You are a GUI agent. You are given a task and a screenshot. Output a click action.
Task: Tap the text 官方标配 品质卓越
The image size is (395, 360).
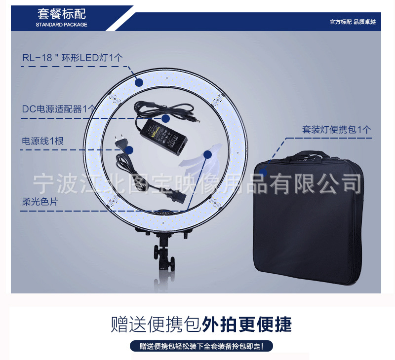click(x=353, y=22)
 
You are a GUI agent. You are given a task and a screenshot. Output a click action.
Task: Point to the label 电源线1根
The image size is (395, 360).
click(x=42, y=141)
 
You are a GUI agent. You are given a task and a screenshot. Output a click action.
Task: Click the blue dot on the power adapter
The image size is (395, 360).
click(x=166, y=118)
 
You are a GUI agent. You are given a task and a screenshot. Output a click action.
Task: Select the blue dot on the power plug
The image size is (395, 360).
click(x=130, y=149)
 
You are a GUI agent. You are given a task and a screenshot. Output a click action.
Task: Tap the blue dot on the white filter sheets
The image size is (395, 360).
click(x=207, y=154)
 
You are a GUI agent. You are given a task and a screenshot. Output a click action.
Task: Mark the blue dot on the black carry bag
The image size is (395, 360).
click(x=264, y=172)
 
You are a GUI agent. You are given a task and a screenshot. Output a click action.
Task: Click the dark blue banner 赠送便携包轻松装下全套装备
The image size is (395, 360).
click(x=201, y=346)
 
